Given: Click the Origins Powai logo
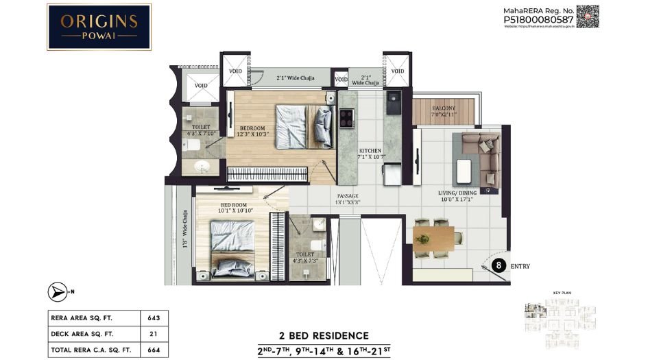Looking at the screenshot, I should click(x=99, y=27).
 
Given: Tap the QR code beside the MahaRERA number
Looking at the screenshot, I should click(x=587, y=16).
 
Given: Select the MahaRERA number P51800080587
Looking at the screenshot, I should click(x=538, y=20).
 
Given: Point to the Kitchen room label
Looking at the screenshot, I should click(x=370, y=154).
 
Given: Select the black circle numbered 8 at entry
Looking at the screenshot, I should click(x=500, y=265).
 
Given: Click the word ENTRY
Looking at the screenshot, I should click(x=521, y=266).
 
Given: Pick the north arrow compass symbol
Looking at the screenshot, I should click(x=58, y=292).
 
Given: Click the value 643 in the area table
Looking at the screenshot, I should click(x=154, y=318).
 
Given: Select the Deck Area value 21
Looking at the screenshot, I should click(x=154, y=334).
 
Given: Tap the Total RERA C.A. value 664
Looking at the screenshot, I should click(x=154, y=350).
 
